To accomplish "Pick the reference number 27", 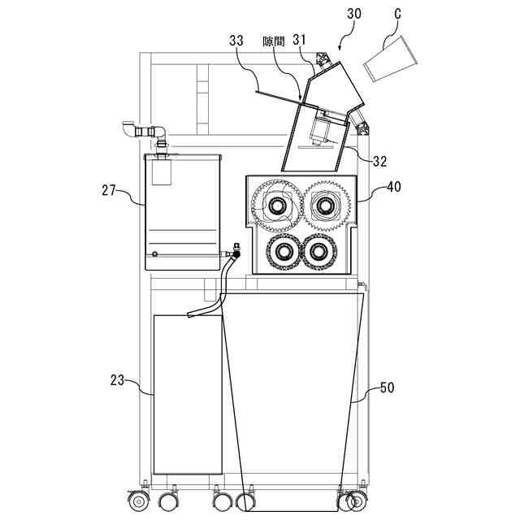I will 110,192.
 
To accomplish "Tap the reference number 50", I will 387,388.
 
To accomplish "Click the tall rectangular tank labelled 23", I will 188,393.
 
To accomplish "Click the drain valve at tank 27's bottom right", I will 234,251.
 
